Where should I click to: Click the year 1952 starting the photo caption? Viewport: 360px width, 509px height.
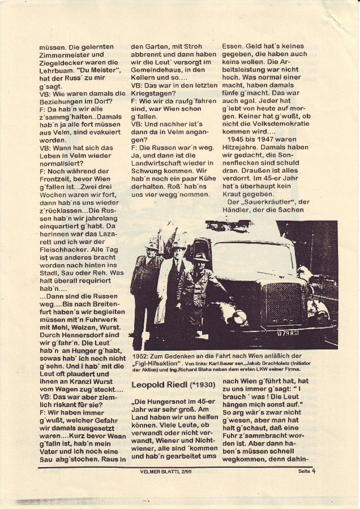[140, 354]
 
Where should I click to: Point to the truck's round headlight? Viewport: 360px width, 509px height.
[241, 317]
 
